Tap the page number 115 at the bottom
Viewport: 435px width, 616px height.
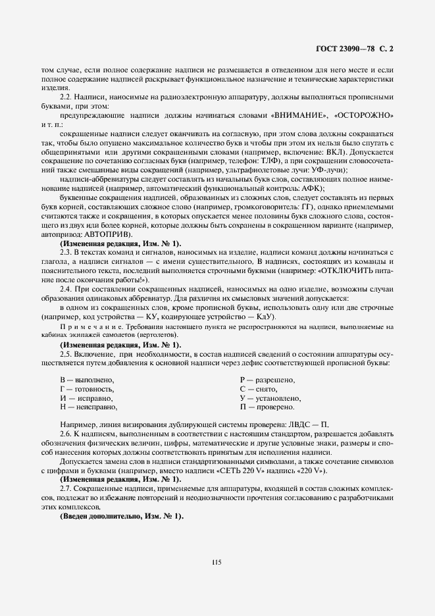(217, 561)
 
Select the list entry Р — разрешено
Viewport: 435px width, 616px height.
(267, 380)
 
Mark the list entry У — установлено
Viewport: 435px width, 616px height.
(270, 398)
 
